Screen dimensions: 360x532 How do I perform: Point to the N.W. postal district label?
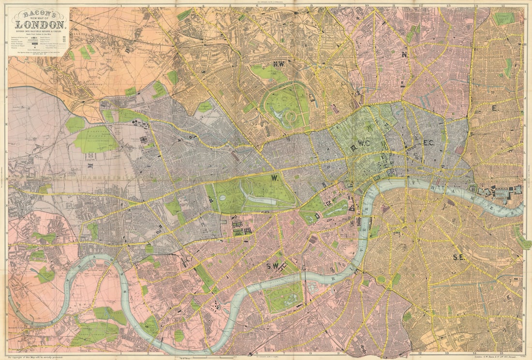(278, 64)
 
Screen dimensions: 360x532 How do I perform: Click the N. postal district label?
(404, 55)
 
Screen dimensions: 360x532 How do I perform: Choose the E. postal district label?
(494, 108)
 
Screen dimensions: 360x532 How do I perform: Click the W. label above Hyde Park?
(274, 178)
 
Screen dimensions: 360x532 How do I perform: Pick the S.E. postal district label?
(458, 257)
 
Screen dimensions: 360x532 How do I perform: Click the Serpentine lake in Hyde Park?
(261, 199)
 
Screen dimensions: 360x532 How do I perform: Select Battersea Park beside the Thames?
(284, 297)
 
